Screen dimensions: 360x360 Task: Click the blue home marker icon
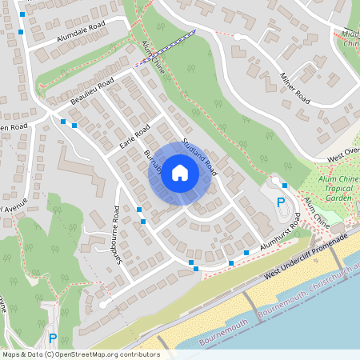point(180,173)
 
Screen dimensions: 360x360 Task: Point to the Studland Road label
point(199,157)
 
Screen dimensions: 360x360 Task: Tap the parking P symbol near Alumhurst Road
point(281,202)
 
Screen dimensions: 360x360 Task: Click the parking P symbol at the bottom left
point(53,338)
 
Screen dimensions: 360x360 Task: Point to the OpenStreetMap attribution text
point(81,354)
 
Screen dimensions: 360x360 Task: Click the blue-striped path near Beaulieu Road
point(165,47)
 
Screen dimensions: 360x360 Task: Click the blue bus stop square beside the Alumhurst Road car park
point(285,185)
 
